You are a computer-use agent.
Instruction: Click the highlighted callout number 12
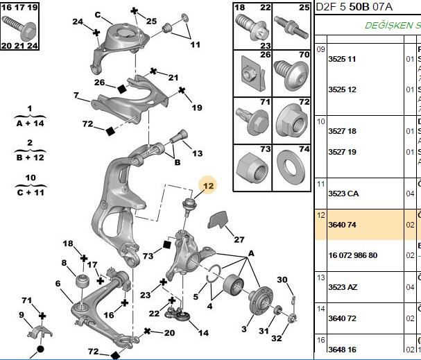208,186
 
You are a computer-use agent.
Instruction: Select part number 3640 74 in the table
342,225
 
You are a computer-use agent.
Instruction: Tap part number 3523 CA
343,194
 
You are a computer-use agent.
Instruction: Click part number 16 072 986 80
353,255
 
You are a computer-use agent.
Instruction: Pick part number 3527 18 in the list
342,131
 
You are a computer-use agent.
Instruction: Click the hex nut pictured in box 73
252,167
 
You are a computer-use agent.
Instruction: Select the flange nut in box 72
291,123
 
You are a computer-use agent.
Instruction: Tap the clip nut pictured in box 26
252,74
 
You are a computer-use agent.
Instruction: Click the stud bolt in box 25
291,27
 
